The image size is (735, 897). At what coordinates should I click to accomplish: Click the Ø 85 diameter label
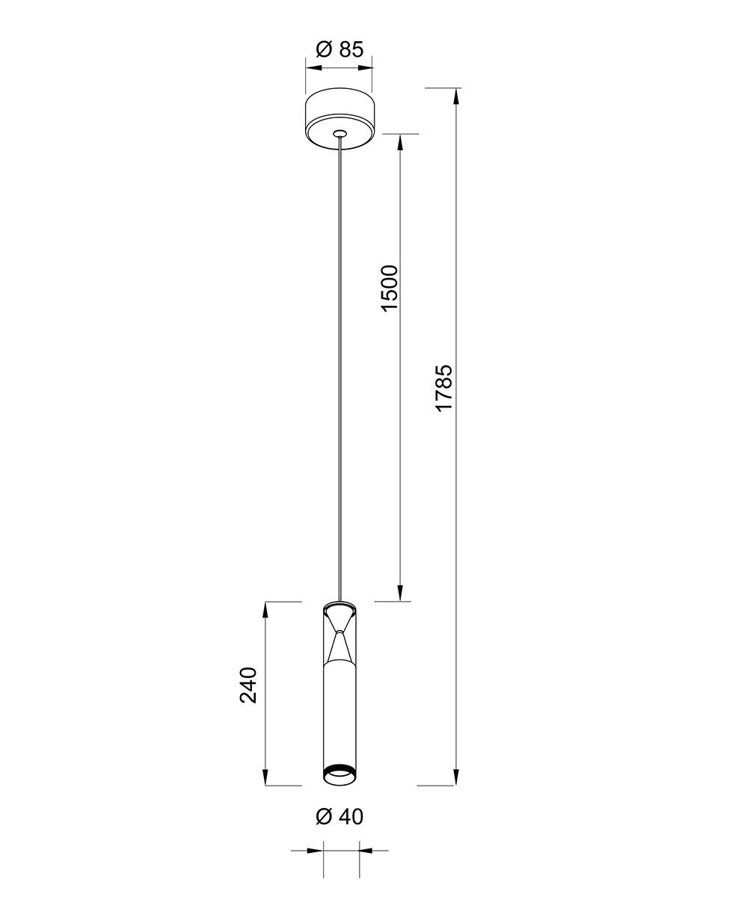pyautogui.click(x=339, y=49)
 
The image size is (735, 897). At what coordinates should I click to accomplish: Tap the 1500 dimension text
pyautogui.click(x=390, y=289)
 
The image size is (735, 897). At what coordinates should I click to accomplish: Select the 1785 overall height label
pyautogui.click(x=444, y=387)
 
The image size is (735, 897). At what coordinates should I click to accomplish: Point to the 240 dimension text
pyautogui.click(x=248, y=685)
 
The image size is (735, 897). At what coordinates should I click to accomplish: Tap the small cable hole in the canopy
pyautogui.click(x=339, y=134)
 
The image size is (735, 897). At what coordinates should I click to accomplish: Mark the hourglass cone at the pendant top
pyautogui.click(x=340, y=635)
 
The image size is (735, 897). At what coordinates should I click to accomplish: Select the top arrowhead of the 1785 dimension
pyautogui.click(x=456, y=96)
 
